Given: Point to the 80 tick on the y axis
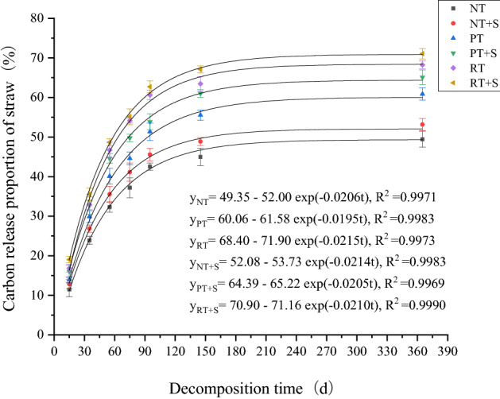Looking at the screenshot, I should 37,17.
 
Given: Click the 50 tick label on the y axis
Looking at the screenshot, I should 37,137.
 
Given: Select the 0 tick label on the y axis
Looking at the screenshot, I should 41,335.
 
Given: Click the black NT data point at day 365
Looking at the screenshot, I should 422,139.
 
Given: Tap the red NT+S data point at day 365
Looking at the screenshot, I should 422,125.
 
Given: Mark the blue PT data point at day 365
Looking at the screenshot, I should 422,94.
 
